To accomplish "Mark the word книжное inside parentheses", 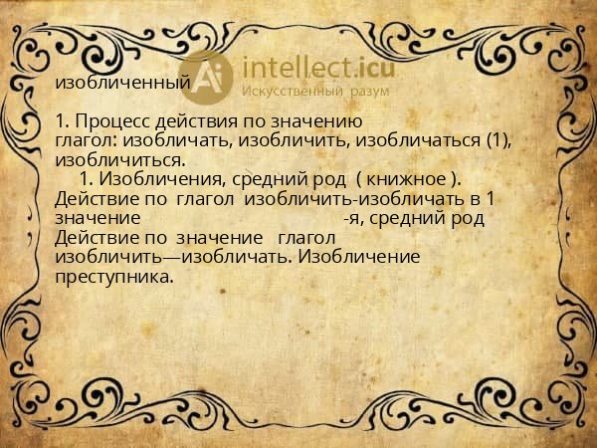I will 406,179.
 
